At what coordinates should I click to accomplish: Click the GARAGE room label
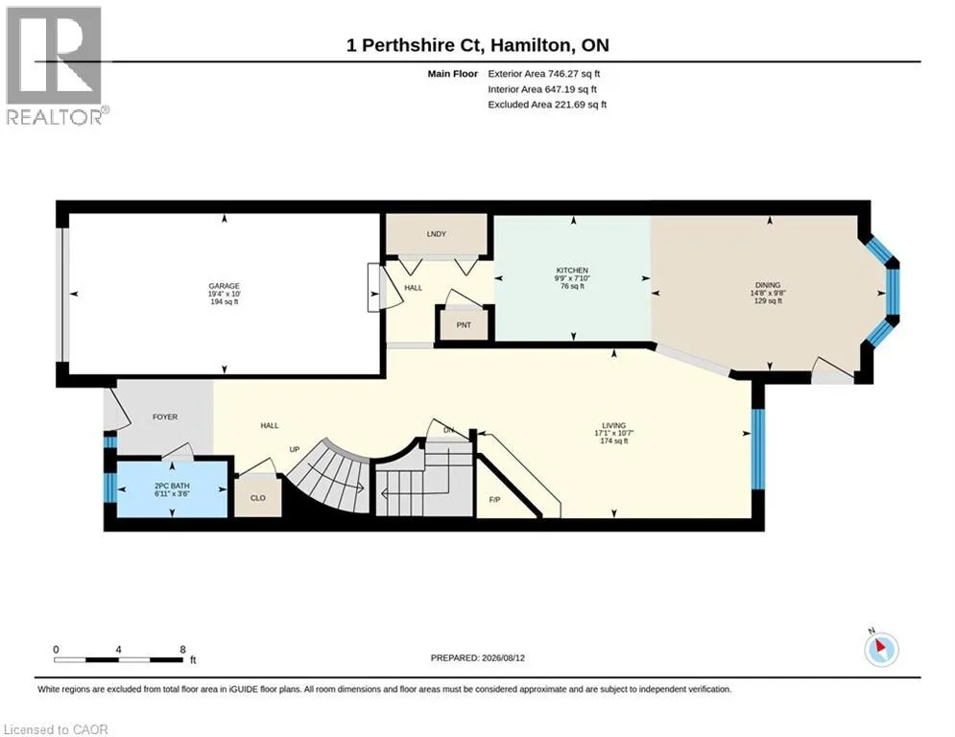point(225,286)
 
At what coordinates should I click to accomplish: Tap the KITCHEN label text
point(572,271)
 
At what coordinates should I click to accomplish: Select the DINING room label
point(768,285)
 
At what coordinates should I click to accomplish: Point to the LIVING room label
point(614,426)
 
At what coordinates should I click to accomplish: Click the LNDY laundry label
point(437,234)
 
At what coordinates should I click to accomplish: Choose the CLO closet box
point(258,496)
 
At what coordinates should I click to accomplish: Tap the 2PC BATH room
point(172,489)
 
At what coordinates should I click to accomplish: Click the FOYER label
point(165,417)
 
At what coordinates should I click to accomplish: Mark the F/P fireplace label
point(494,500)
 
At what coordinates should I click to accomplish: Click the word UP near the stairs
point(294,449)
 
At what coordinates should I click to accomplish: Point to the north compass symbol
point(881,649)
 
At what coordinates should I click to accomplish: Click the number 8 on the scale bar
point(182,650)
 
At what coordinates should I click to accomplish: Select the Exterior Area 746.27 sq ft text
point(544,74)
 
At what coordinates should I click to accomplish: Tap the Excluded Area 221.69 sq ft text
point(547,105)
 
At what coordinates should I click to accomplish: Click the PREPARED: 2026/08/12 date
point(478,657)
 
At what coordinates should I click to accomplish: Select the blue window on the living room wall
point(757,449)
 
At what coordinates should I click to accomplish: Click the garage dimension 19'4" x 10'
point(225,294)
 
